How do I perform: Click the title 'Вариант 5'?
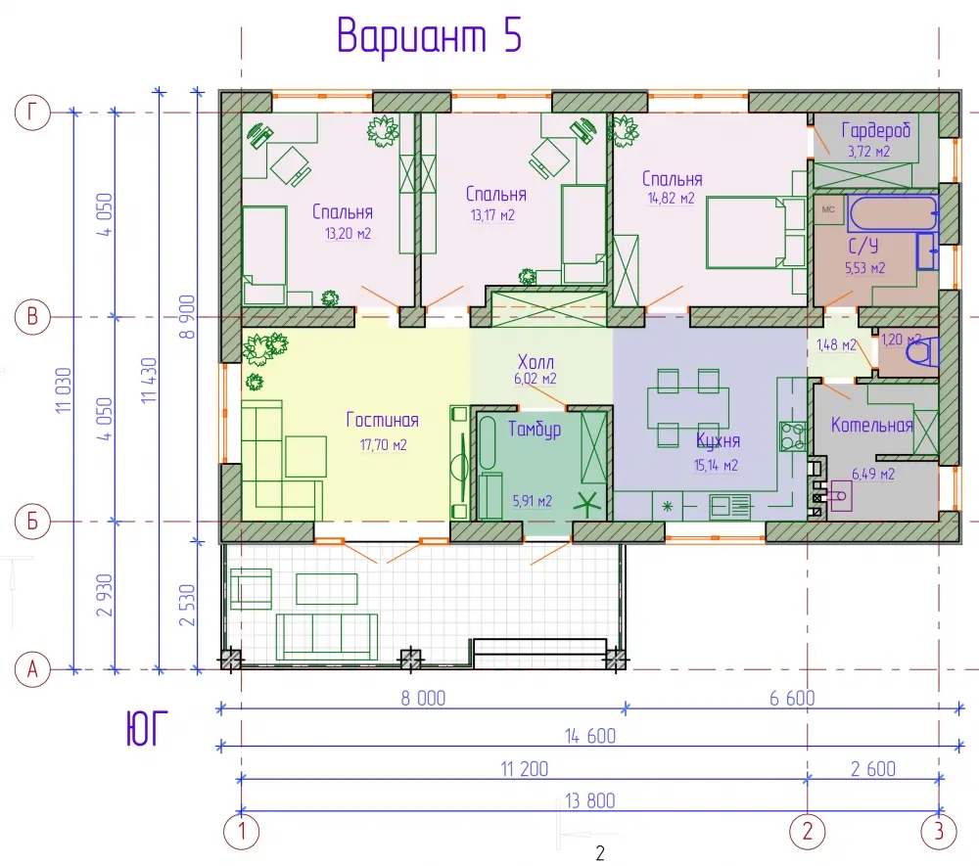click(x=429, y=35)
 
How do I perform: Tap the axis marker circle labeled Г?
click(x=32, y=113)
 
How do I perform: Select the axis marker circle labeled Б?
click(x=32, y=521)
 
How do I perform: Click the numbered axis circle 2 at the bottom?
click(x=808, y=831)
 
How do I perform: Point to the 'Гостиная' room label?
click(x=382, y=420)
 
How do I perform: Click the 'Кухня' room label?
click(x=718, y=440)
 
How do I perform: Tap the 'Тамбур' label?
click(x=535, y=430)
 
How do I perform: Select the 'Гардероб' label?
click(x=876, y=130)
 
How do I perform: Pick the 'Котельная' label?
click(x=871, y=426)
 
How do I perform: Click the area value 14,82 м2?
click(x=672, y=199)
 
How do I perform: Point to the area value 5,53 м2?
click(x=864, y=268)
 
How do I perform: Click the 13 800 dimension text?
click(x=590, y=800)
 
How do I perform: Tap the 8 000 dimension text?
click(x=423, y=698)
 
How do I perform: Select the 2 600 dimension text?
click(x=873, y=769)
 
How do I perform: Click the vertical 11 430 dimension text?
click(x=149, y=380)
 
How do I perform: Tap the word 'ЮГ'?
click(x=148, y=729)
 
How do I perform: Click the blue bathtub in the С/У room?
click(x=894, y=214)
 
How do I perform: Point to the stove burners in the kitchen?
click(x=793, y=436)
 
